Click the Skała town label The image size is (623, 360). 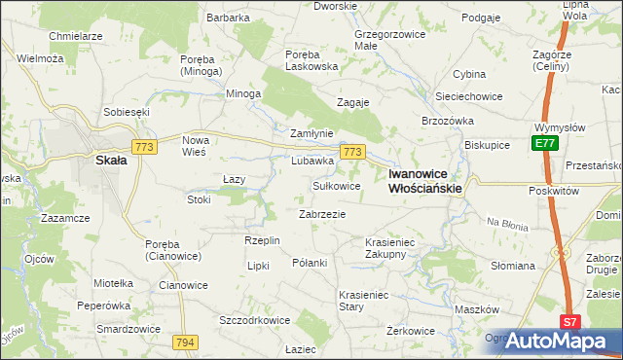point(108,162)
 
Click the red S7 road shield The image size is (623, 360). point(570,322)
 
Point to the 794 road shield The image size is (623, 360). point(185,342)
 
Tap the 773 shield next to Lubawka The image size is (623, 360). point(352,152)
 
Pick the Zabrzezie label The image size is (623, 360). point(321,214)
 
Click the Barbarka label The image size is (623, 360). point(229,18)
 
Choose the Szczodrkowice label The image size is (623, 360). point(255,319)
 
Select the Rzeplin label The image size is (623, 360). point(263,240)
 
